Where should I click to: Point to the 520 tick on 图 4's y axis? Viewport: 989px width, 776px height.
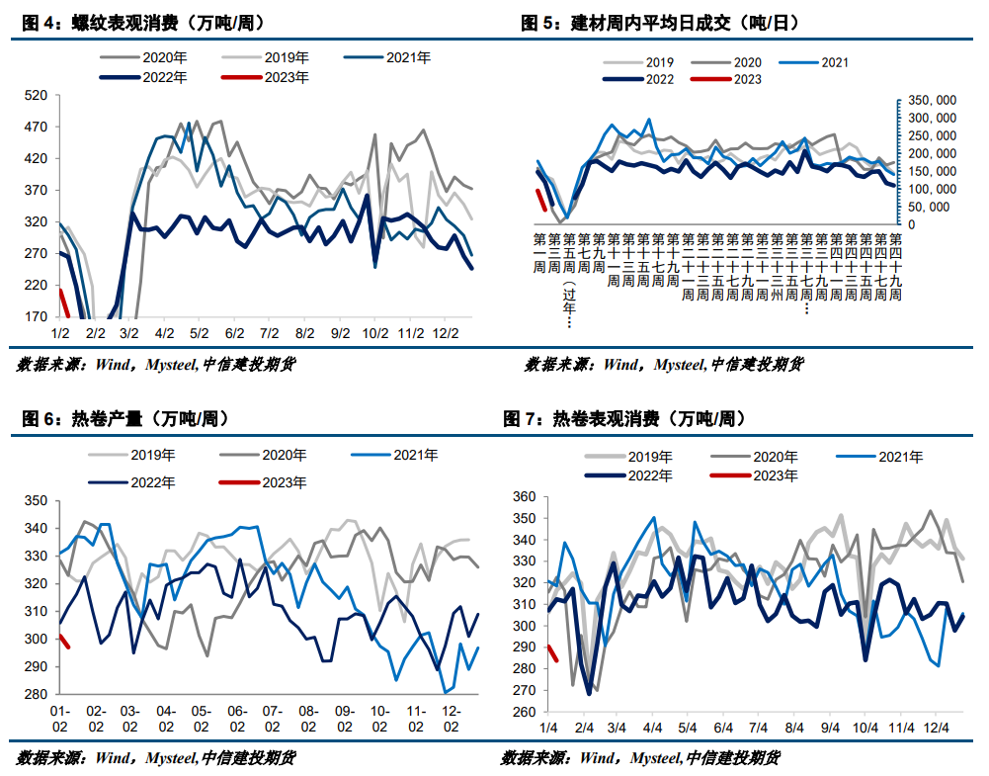point(36,96)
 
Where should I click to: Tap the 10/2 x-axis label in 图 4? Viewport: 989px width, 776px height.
point(374,333)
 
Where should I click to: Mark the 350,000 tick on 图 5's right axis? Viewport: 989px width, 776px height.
point(932,101)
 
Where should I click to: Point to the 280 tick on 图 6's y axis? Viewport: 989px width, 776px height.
point(36,694)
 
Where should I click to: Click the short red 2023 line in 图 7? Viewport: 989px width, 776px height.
point(553,652)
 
